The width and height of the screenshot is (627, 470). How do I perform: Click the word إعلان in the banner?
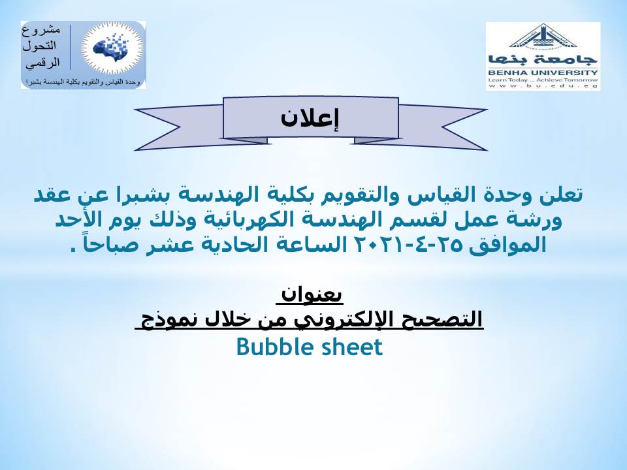(310, 118)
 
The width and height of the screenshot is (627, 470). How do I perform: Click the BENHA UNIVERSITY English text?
(543, 72)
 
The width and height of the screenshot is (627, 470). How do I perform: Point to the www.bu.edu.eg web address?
(543, 86)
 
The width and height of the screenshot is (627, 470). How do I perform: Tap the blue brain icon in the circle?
(111, 48)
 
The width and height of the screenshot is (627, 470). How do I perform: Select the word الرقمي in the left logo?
(43, 63)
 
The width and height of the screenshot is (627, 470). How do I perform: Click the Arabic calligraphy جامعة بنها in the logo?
(543, 59)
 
